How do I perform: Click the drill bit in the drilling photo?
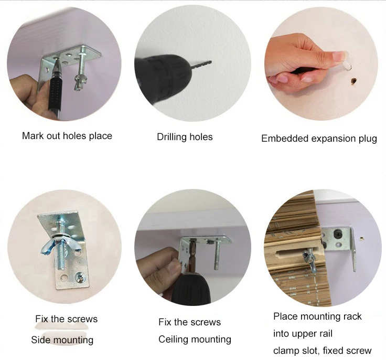(x=201, y=65)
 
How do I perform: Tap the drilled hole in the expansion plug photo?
(x=354, y=81)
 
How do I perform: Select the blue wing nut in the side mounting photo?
(x=60, y=244)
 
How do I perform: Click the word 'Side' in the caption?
(x=40, y=340)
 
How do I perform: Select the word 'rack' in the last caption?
(x=352, y=316)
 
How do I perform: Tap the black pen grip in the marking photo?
(x=56, y=94)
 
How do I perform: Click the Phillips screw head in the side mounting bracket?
(x=80, y=277)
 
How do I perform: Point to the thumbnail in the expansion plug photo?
(x=338, y=55)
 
